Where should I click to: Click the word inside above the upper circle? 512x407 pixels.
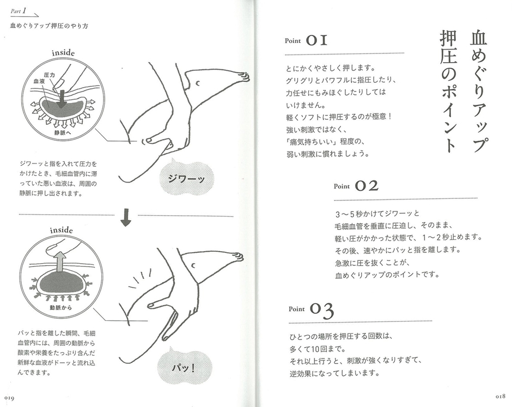coord(63,53)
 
